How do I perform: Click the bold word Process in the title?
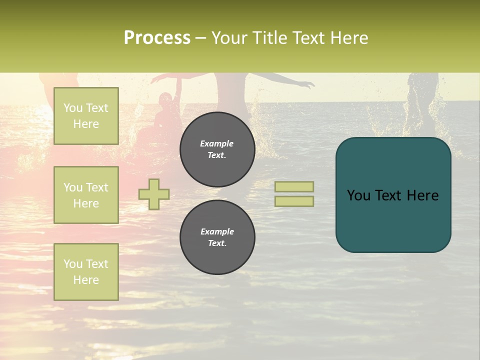coord(157,38)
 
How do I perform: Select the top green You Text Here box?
coord(86,116)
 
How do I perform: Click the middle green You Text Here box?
coord(86,195)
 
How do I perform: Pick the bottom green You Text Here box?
coord(86,272)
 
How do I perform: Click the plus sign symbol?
coord(154,194)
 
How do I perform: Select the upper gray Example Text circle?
coord(217,149)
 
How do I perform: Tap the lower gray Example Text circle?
coord(217,237)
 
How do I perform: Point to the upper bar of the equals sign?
coord(294,187)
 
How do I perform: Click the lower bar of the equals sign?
coord(294,201)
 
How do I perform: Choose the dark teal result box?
coord(393,195)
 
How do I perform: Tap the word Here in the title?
coord(350,38)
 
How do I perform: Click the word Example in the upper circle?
coord(217,143)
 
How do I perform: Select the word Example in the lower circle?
coord(217,231)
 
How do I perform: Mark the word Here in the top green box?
coord(86,124)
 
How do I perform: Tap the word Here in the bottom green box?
coord(86,280)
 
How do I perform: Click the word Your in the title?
coord(229,38)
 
